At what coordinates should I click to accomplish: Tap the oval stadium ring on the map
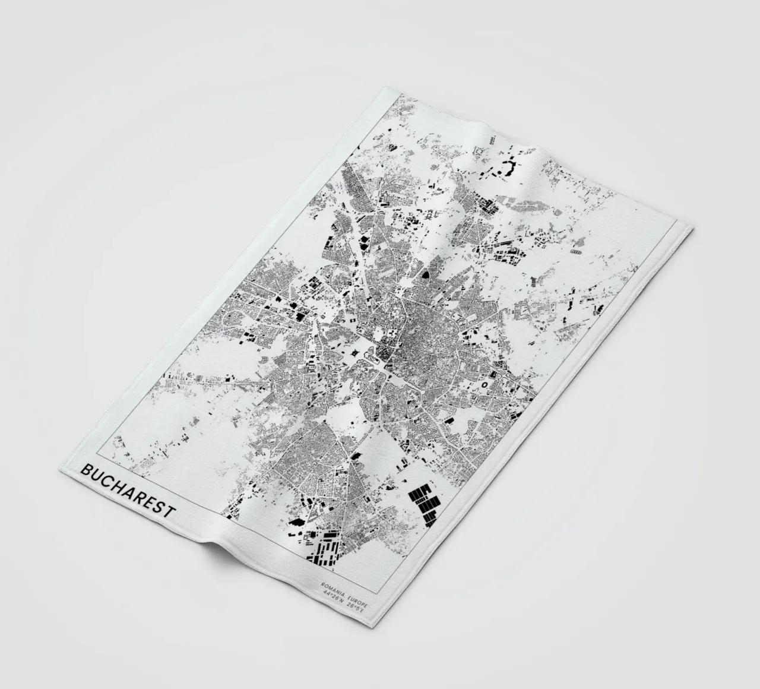(484, 385)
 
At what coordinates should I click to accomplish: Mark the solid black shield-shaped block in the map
(426, 274)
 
